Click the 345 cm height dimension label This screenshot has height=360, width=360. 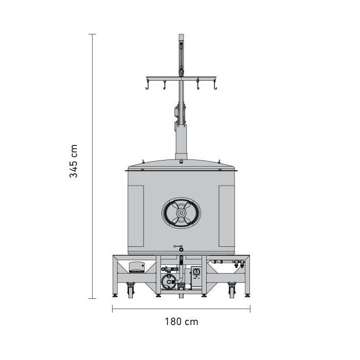coord(74,161)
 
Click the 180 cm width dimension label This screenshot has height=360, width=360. coord(182,321)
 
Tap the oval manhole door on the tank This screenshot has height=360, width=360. coord(181,213)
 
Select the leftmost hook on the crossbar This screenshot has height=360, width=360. coord(148,85)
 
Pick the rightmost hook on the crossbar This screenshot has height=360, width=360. coord(215,85)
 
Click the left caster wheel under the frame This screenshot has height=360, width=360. coord(131,290)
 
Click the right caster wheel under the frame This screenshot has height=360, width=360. coord(231,290)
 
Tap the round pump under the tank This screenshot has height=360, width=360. coord(169,282)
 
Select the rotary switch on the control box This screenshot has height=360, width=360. coord(196,272)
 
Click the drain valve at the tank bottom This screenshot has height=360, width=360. coord(179,248)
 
